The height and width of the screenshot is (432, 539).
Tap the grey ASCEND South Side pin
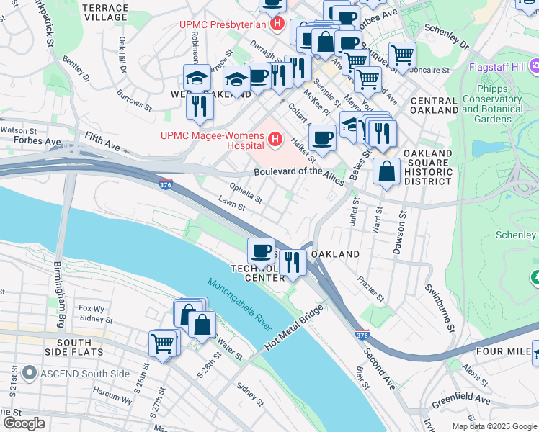point(29,373)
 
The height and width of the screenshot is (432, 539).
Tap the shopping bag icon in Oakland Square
point(387,172)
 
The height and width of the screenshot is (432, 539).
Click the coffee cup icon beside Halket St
point(322,137)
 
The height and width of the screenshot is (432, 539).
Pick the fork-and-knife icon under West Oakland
point(200,105)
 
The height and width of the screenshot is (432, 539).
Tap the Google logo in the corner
point(24,423)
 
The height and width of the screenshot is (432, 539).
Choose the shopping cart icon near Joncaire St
point(402,54)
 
